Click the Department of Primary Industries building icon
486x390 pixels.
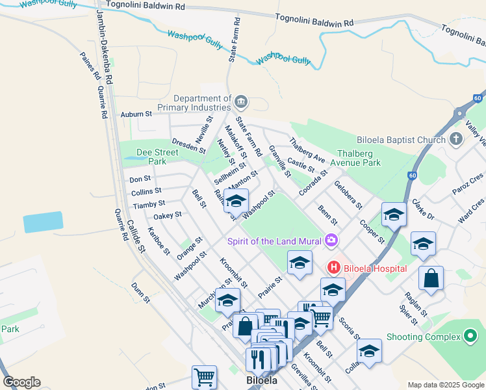pos(241,101)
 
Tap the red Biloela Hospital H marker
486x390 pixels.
pos(333,267)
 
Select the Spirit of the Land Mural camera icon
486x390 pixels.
pos(332,241)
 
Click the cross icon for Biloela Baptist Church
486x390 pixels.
pos(456,139)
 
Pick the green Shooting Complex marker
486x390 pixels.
pos(471,337)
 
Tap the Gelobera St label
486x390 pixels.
pos(348,194)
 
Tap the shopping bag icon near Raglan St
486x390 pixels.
pos(431,279)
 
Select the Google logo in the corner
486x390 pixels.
pos(21,382)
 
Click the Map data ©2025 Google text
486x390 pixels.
pos(445,385)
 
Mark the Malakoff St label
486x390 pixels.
pos(235,142)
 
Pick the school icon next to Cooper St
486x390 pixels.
pos(393,214)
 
